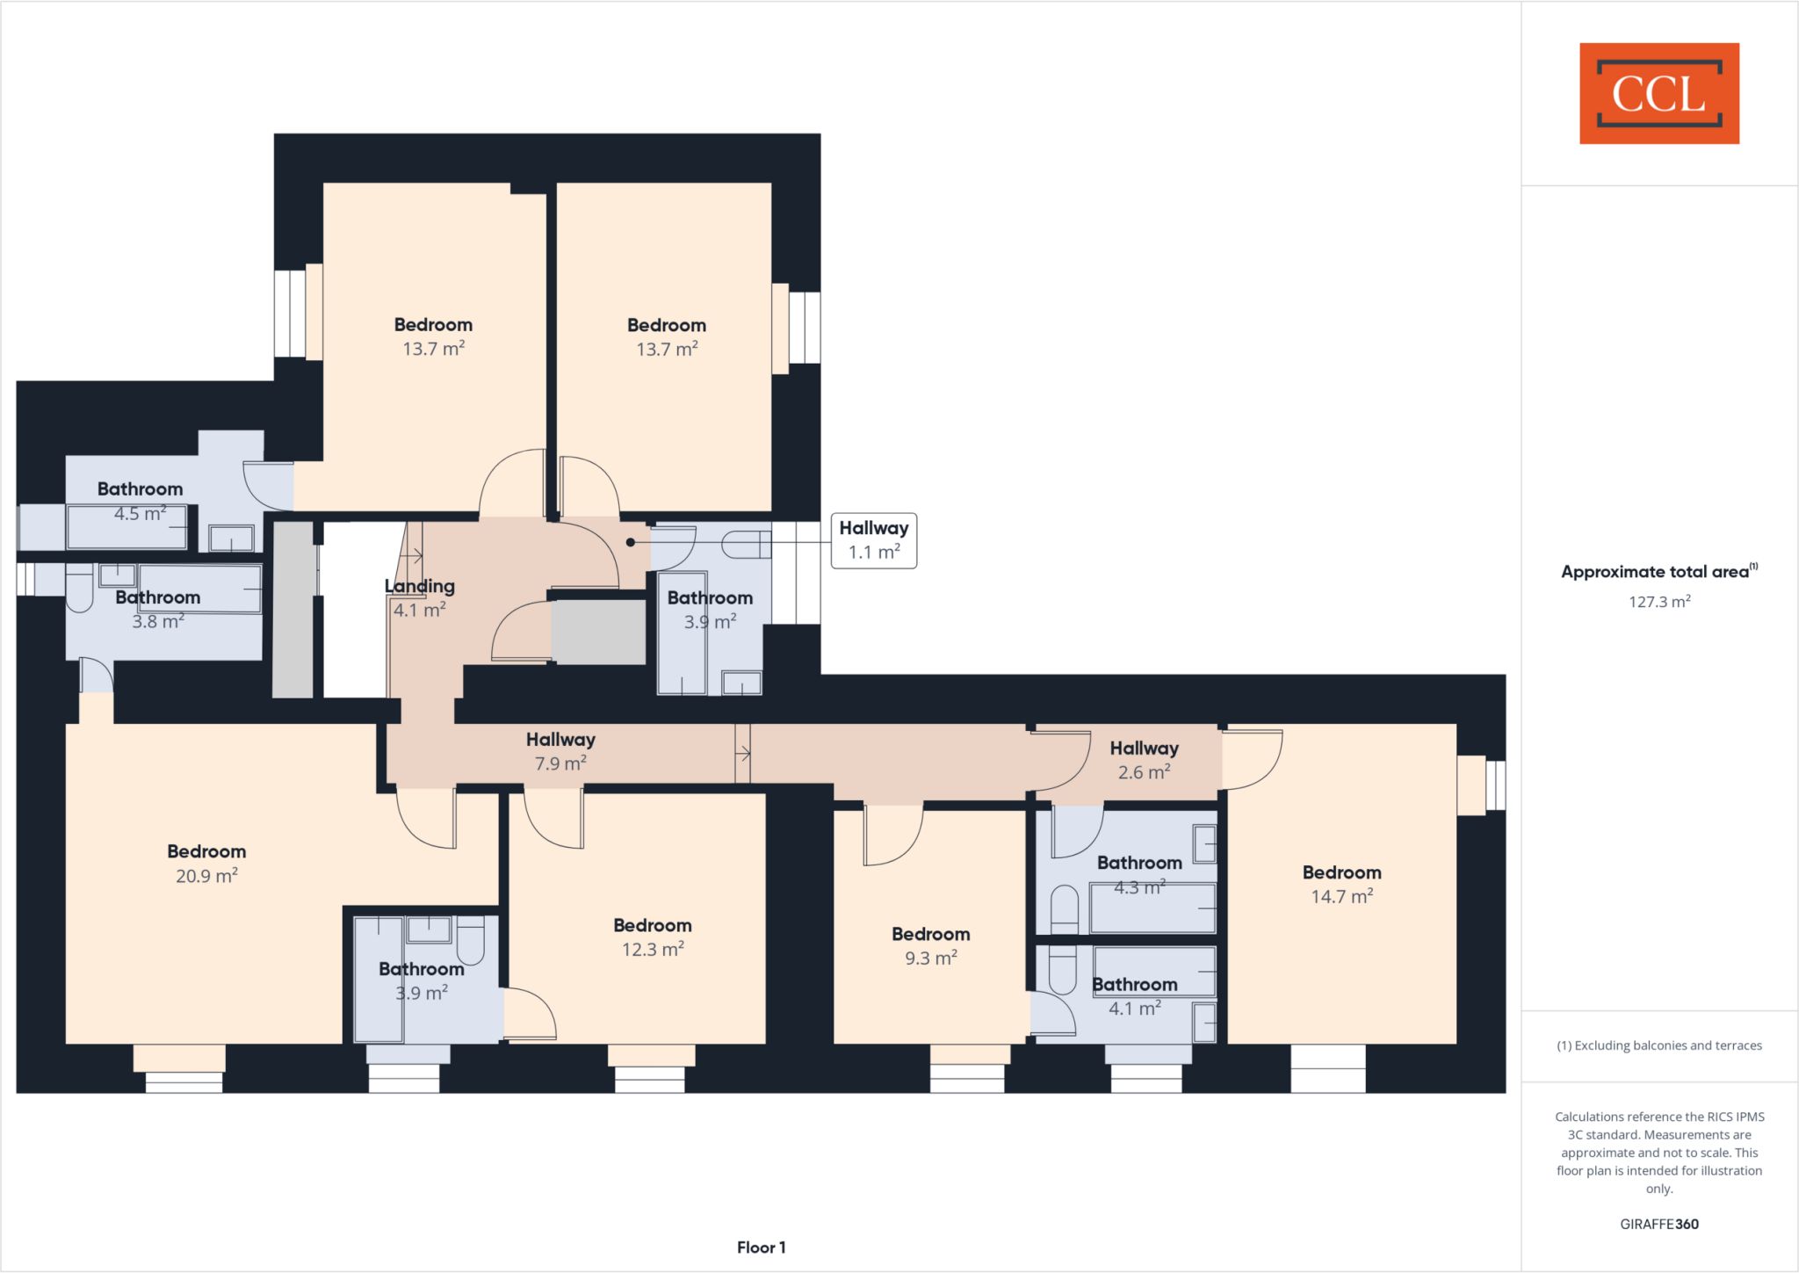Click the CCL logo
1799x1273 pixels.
[1658, 93]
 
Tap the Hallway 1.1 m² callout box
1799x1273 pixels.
[873, 540]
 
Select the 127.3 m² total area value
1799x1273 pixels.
[1658, 602]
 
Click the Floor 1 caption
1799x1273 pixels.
[761, 1248]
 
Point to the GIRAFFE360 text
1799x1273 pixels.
[1658, 1224]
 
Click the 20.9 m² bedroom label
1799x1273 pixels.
[206, 864]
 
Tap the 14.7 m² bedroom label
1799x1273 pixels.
[1341, 885]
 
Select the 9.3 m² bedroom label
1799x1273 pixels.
[930, 946]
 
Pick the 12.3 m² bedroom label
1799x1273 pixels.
[653, 937]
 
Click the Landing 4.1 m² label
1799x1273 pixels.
[420, 597]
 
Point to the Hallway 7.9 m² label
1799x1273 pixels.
[560, 751]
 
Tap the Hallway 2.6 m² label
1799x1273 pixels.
[1144, 760]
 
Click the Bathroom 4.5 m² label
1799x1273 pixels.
[140, 501]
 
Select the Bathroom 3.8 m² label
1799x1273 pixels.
[158, 609]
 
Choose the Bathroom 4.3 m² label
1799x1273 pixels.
[1139, 875]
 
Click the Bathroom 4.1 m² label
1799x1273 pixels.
[1135, 996]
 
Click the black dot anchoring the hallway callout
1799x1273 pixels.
[630, 542]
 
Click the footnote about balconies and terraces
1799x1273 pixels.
[1658, 1045]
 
